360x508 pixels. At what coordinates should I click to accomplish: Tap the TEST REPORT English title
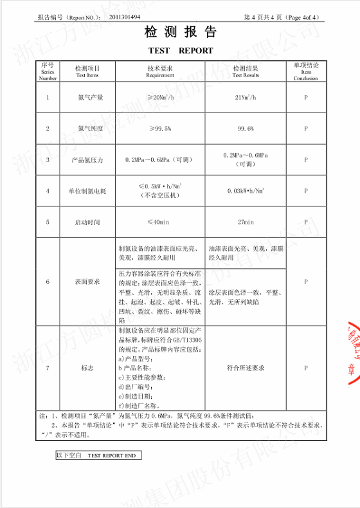[180, 50]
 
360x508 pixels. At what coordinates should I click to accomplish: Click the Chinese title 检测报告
[180, 33]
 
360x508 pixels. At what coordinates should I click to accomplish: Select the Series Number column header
[48, 71]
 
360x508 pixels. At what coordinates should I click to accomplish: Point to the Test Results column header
[246, 71]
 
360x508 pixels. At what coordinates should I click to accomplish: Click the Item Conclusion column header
[306, 71]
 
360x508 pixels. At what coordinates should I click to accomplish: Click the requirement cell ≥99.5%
[160, 129]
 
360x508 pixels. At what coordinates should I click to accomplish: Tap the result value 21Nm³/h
[246, 97]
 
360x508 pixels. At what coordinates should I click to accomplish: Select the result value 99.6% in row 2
[246, 129]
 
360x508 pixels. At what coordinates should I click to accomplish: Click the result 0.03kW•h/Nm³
[246, 191]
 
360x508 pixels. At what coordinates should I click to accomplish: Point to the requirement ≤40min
[160, 222]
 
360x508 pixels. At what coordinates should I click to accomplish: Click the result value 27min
[246, 222]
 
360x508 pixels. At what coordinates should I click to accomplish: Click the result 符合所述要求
[246, 368]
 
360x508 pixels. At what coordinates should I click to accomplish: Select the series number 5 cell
[48, 222]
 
